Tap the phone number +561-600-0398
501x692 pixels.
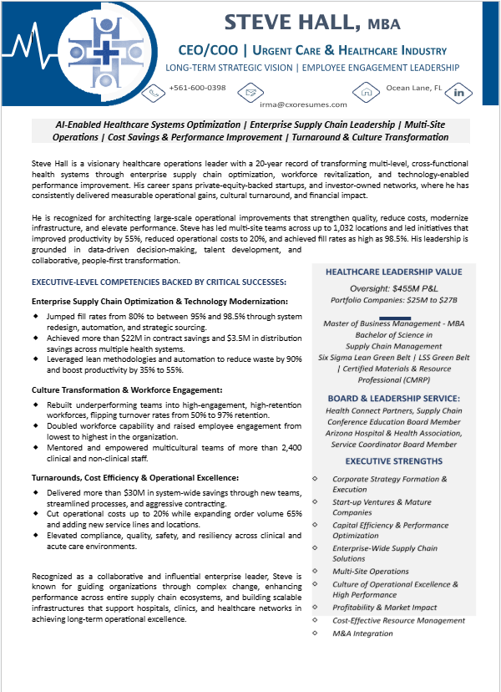click(x=197, y=88)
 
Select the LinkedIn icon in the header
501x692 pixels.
click(x=458, y=92)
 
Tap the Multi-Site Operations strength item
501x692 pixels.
click(x=371, y=572)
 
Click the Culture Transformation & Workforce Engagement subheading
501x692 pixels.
click(x=126, y=389)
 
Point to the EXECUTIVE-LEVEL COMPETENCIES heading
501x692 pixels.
click(x=159, y=283)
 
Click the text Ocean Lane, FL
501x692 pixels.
click(x=413, y=88)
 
